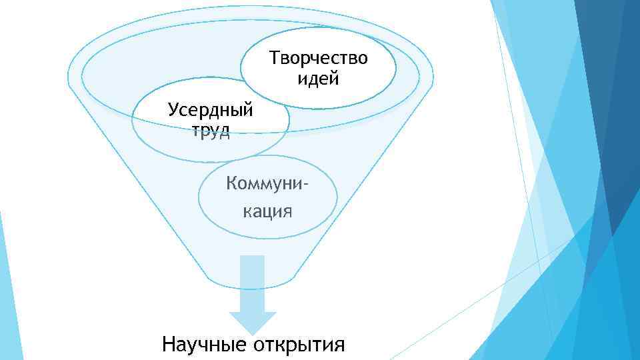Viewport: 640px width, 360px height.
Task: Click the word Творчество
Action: click(x=318, y=59)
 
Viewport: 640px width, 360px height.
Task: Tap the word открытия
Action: click(x=299, y=345)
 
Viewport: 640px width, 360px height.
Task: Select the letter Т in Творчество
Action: click(x=274, y=59)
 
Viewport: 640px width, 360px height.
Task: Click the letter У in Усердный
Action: click(x=173, y=109)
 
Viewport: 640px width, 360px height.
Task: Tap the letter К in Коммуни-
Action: click(x=232, y=183)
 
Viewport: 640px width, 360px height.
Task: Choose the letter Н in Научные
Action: click(x=169, y=345)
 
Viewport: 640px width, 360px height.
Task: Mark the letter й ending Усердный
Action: click(x=249, y=109)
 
